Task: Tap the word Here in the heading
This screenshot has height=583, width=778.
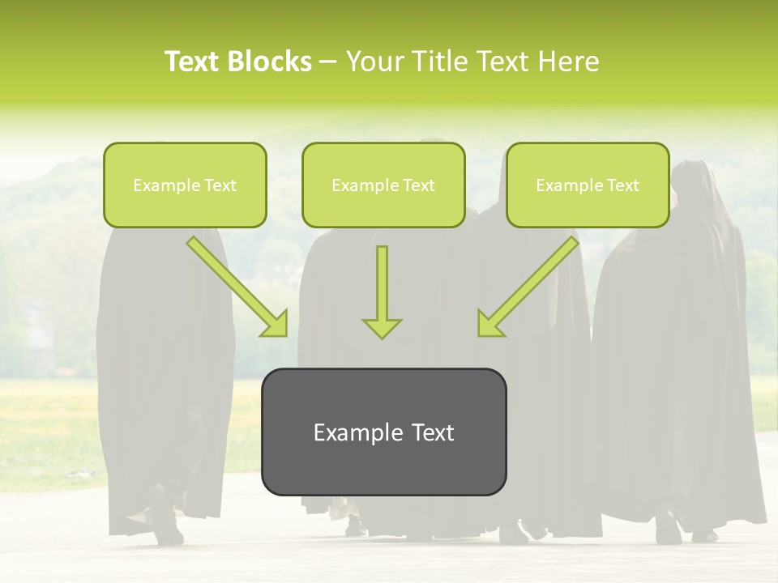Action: tap(566, 62)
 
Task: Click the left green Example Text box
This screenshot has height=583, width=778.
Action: tap(185, 185)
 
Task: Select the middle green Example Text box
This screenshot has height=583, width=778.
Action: tap(383, 185)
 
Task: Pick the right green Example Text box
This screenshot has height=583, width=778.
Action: tap(588, 185)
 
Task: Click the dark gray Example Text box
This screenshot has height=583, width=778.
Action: tap(383, 432)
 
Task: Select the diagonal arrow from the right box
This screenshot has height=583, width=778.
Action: tap(529, 284)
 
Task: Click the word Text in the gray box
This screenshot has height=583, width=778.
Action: tap(433, 432)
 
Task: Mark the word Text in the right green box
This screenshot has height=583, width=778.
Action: tap(622, 185)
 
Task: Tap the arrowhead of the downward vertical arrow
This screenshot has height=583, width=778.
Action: tap(382, 327)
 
